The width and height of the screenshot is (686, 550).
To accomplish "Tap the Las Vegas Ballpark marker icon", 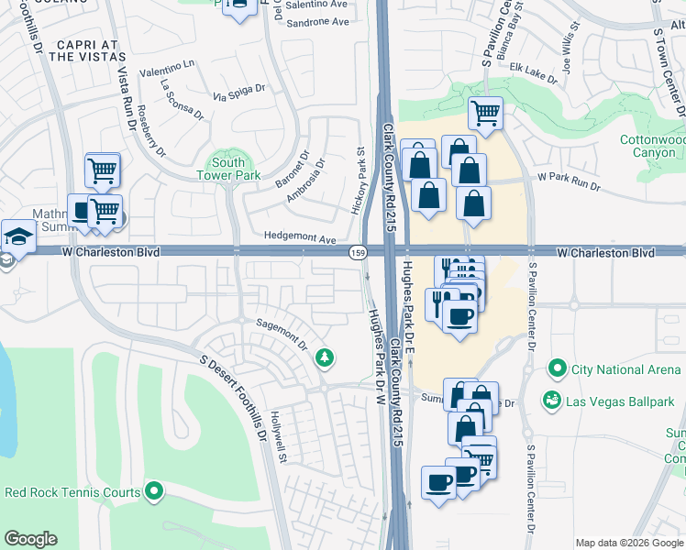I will [x=552, y=401].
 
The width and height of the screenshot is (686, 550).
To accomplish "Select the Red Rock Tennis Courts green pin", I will [x=154, y=492].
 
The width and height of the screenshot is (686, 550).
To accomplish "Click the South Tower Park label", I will [x=228, y=169].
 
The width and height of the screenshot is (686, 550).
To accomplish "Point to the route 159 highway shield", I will [x=357, y=252].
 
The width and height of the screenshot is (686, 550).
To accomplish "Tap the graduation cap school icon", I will [x=17, y=236].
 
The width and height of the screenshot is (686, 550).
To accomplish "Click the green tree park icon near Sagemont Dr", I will [x=323, y=357].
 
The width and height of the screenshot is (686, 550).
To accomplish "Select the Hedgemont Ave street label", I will [x=300, y=236].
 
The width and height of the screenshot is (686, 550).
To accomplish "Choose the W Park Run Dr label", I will [x=568, y=181].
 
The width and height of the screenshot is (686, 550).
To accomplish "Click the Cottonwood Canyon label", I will [x=652, y=146].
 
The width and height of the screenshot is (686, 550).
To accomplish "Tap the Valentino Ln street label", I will [x=167, y=68].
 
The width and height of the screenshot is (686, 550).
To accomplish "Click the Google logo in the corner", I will [x=30, y=539].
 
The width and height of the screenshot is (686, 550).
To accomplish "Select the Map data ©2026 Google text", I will [x=629, y=543].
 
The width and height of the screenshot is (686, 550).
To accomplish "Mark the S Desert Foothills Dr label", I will [x=233, y=394].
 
